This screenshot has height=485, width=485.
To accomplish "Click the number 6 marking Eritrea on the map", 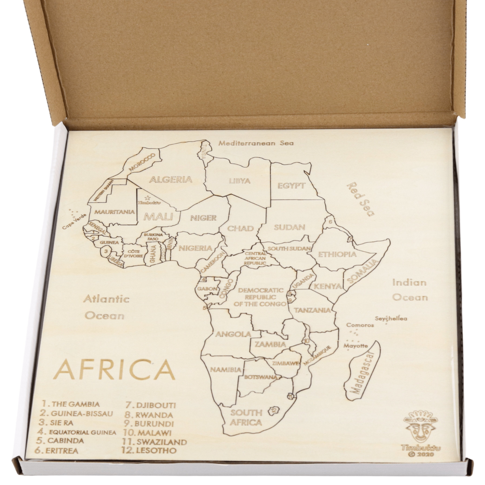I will tap(330, 222).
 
